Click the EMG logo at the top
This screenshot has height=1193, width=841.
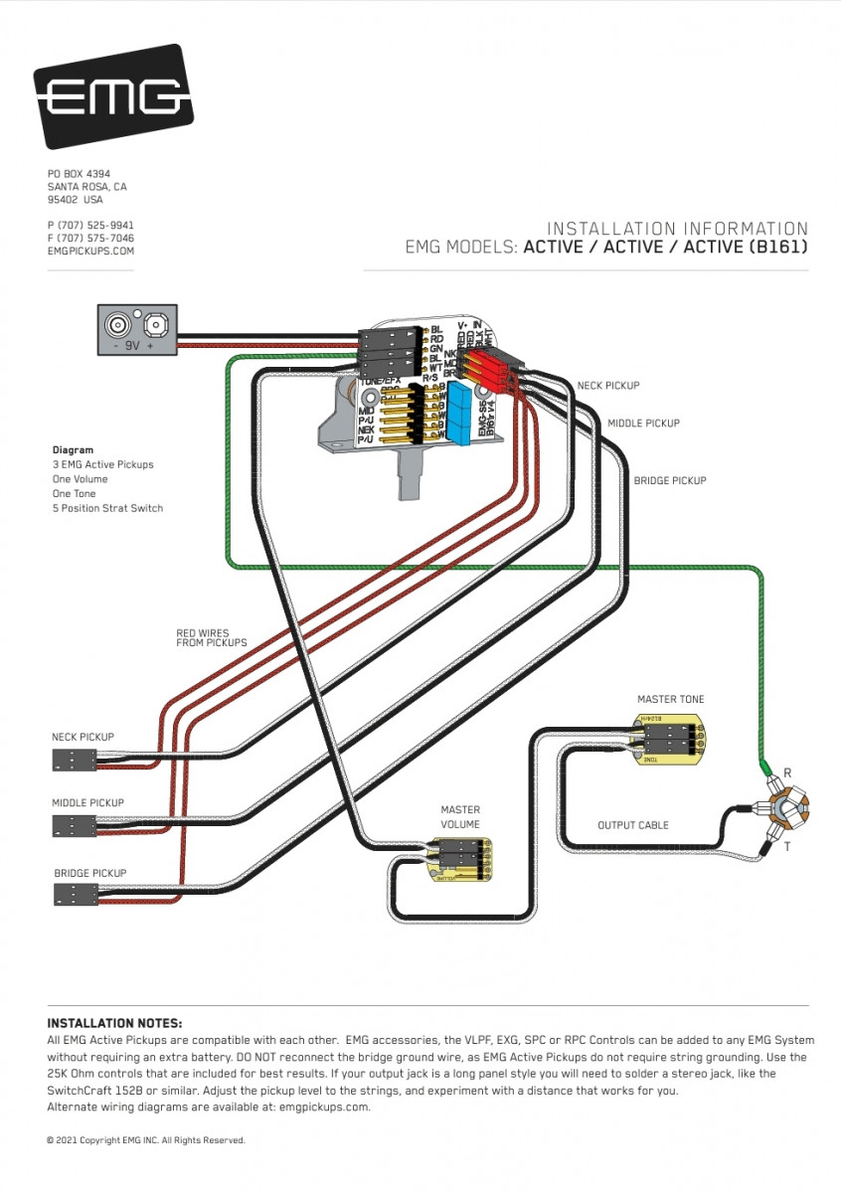(112, 96)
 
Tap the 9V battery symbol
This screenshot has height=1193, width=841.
(137, 330)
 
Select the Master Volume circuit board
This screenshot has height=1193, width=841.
(460, 859)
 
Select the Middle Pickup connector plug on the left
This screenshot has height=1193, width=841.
(75, 826)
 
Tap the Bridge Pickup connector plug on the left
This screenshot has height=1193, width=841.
(75, 895)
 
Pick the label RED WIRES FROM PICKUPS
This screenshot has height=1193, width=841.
(212, 637)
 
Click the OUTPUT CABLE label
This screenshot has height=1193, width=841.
(633, 825)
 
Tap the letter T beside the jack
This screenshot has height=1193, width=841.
(787, 847)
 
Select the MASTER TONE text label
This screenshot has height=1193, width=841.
(671, 700)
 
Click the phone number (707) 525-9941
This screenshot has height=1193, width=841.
(90, 226)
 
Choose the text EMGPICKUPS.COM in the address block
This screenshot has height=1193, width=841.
(90, 252)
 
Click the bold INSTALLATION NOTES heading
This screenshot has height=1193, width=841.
(115, 1023)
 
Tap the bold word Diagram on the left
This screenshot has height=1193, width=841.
(73, 450)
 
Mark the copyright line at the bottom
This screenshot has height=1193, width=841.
(145, 1140)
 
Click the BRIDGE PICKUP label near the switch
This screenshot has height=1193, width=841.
(670, 481)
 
